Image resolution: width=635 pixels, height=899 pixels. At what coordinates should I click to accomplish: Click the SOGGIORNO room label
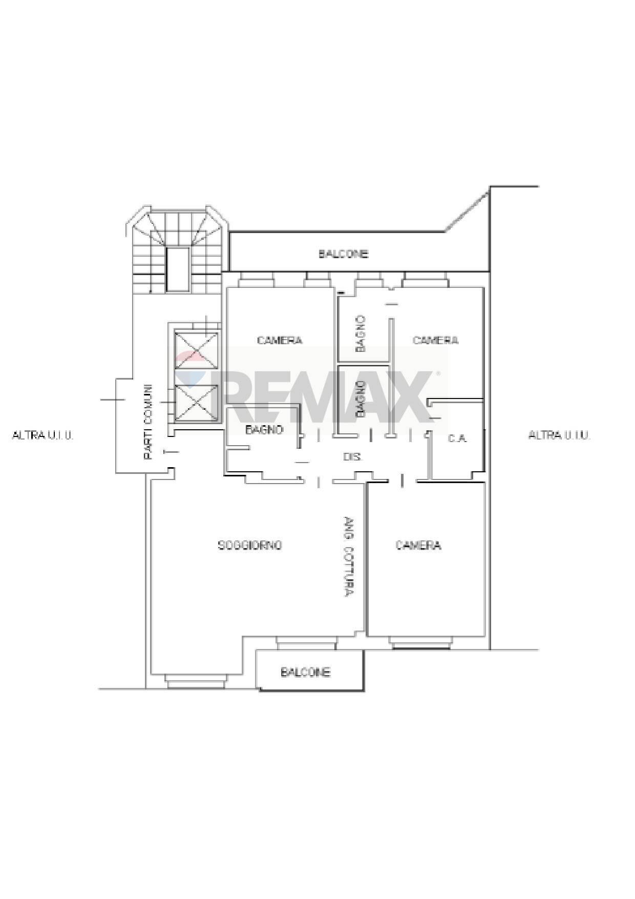pyautogui.click(x=250, y=545)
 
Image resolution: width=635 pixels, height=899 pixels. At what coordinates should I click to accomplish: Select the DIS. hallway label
pyautogui.click(x=352, y=456)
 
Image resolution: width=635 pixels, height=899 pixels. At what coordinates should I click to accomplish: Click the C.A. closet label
pyautogui.click(x=457, y=438)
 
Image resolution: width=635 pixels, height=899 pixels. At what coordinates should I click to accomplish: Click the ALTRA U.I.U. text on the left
pyautogui.click(x=43, y=435)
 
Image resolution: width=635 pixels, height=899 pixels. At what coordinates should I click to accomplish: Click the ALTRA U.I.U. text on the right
pyautogui.click(x=559, y=435)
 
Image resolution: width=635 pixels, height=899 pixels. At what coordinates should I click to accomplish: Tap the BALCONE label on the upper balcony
pyautogui.click(x=343, y=254)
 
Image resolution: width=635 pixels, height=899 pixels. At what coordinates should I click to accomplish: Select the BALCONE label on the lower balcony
pyautogui.click(x=305, y=672)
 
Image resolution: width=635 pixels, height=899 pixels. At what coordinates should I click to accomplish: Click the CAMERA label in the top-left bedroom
pyautogui.click(x=280, y=340)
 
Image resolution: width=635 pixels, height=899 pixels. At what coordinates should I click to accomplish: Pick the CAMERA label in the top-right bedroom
pyautogui.click(x=435, y=340)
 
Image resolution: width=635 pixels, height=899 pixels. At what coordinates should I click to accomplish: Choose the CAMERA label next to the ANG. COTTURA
pyautogui.click(x=418, y=545)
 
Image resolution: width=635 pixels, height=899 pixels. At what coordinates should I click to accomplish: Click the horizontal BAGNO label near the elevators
pyautogui.click(x=264, y=429)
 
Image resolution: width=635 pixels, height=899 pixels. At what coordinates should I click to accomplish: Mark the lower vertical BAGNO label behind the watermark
pyautogui.click(x=360, y=398)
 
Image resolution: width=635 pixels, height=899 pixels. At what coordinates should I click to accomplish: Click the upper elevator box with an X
pyautogui.click(x=196, y=350)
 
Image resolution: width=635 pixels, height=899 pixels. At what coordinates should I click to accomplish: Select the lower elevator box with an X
pyautogui.click(x=196, y=402)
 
